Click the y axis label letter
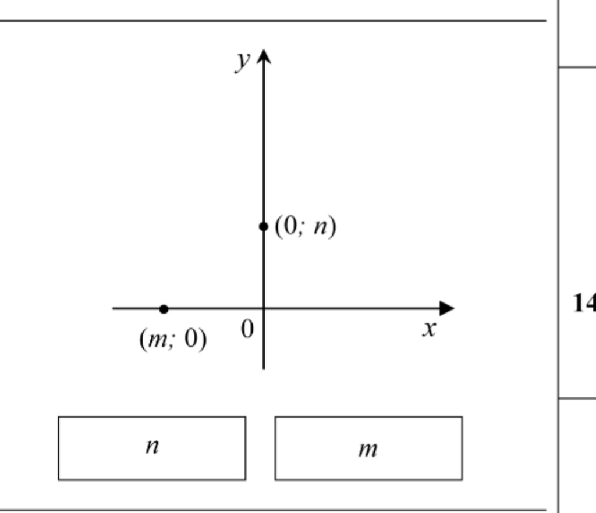(x=243, y=62)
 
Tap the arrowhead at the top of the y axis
(x=264, y=56)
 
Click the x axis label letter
(x=430, y=329)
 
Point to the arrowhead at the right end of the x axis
(x=447, y=308)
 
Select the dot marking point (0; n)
(x=264, y=227)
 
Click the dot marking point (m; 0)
(x=164, y=309)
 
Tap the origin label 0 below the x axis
(x=247, y=329)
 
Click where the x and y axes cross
(x=264, y=308)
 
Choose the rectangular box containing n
(x=152, y=448)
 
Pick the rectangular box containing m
(x=368, y=448)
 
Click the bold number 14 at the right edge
(x=584, y=304)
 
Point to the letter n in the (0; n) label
(x=320, y=227)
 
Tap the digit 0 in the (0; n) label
(x=290, y=226)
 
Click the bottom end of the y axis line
(x=264, y=369)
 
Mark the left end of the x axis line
(x=113, y=308)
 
